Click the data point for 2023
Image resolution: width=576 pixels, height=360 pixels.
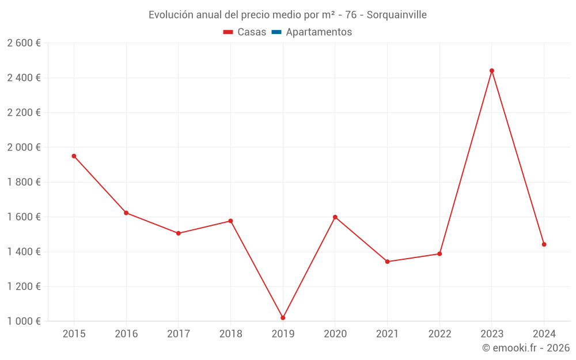click(492, 71)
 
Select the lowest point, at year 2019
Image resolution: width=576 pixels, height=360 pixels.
click(283, 318)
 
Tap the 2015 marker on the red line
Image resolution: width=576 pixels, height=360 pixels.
click(74, 156)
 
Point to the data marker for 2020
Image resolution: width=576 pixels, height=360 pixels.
click(335, 217)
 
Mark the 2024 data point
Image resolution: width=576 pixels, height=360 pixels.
click(544, 244)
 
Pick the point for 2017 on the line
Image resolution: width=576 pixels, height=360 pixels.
click(179, 233)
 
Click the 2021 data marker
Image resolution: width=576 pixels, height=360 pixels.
click(387, 262)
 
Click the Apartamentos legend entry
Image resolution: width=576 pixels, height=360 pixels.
click(319, 32)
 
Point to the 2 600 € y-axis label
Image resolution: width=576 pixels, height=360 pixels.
click(24, 43)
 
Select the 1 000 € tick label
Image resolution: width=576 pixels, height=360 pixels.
click(24, 321)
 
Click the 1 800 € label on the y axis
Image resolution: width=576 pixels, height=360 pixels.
click(24, 183)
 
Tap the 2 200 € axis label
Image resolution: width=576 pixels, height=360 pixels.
click(24, 113)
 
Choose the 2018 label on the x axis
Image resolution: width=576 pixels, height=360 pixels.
click(230, 334)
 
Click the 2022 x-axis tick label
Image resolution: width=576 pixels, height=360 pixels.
click(439, 334)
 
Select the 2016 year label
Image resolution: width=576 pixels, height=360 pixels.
click(126, 334)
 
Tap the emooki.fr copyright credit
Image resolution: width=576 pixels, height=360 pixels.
click(526, 348)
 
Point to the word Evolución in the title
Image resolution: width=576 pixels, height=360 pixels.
click(170, 15)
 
